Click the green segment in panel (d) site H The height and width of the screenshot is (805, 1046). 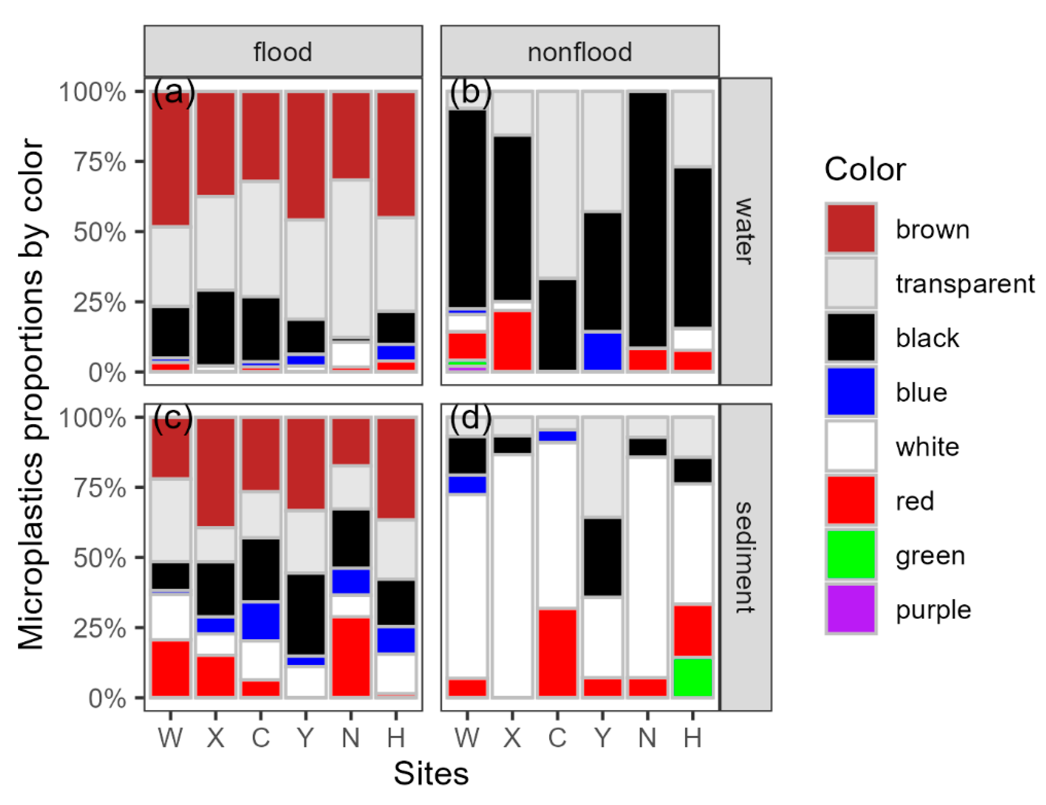693,677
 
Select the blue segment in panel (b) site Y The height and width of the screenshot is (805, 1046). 602,351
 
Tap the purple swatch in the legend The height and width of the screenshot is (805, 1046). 850,609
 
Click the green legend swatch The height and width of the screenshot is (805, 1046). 850,554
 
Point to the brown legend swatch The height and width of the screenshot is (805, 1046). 850,228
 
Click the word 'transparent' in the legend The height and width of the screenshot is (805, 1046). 964,283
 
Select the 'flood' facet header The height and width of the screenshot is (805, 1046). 283,52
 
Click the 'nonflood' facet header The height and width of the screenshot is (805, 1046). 579,52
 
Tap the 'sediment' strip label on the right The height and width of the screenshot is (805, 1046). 745,557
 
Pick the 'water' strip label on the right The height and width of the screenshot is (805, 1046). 745,231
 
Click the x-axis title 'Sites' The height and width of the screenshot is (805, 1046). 431,773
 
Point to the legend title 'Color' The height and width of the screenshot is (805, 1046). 864,169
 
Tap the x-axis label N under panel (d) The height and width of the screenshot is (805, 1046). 647,737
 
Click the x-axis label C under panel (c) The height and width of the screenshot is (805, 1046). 260,737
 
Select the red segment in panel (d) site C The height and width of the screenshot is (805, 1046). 558,652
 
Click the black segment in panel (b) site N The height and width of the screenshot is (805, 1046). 647,219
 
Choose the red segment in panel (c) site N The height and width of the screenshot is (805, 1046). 351,657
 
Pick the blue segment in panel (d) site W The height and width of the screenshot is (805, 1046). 467,484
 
